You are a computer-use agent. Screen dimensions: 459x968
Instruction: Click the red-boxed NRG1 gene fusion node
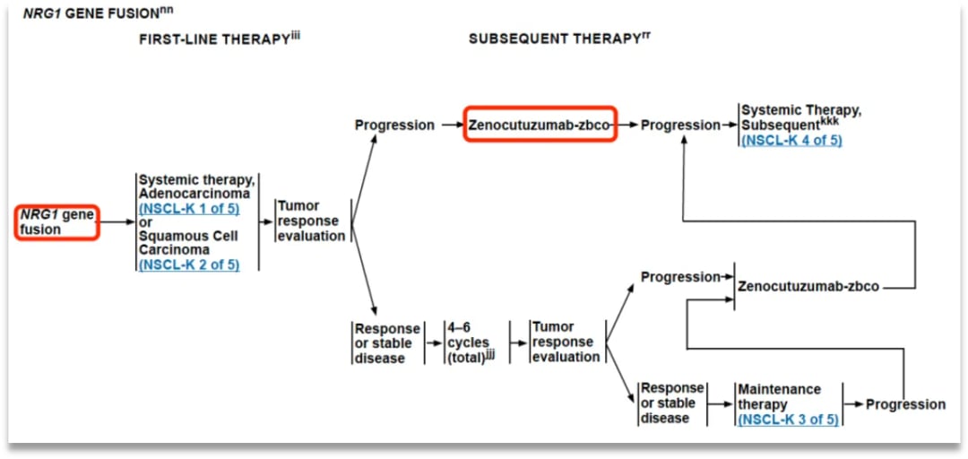click(x=56, y=221)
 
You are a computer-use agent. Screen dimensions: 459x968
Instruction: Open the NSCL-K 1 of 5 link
click(x=189, y=209)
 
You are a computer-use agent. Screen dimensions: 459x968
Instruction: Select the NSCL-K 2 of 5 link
click(x=189, y=264)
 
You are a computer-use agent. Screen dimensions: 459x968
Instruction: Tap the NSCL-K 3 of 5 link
click(x=788, y=419)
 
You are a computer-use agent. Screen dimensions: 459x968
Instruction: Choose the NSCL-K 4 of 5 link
click(x=791, y=140)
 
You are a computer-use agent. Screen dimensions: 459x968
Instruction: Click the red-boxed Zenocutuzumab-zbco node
click(x=540, y=126)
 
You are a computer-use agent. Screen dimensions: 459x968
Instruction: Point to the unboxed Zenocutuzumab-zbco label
click(x=808, y=287)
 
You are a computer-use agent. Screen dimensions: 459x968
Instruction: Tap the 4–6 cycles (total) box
click(x=470, y=342)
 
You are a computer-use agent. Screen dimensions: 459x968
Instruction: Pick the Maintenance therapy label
click(x=779, y=396)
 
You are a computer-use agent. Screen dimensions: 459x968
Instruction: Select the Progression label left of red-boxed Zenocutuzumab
click(x=394, y=126)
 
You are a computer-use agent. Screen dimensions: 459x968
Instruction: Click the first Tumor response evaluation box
click(x=311, y=221)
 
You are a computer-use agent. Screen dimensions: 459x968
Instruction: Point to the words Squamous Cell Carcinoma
click(x=187, y=243)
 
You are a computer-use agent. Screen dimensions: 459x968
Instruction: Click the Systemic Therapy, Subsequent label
click(x=801, y=117)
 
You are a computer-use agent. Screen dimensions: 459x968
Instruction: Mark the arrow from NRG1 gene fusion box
click(x=116, y=221)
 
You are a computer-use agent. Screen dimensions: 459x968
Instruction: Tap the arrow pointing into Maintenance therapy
click(x=721, y=404)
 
